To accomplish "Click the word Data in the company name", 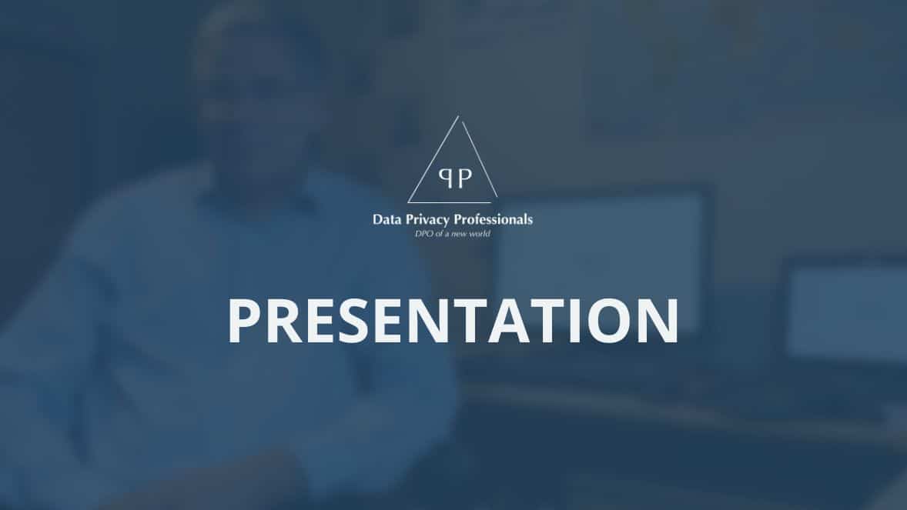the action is point(386,220).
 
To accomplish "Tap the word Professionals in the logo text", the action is point(494,220).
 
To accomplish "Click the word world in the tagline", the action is point(480,234).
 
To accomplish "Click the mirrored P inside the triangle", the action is point(445,178).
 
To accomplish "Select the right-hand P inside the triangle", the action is point(465,178).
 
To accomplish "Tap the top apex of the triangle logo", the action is point(458,116).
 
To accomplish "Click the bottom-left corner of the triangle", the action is point(408,202).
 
